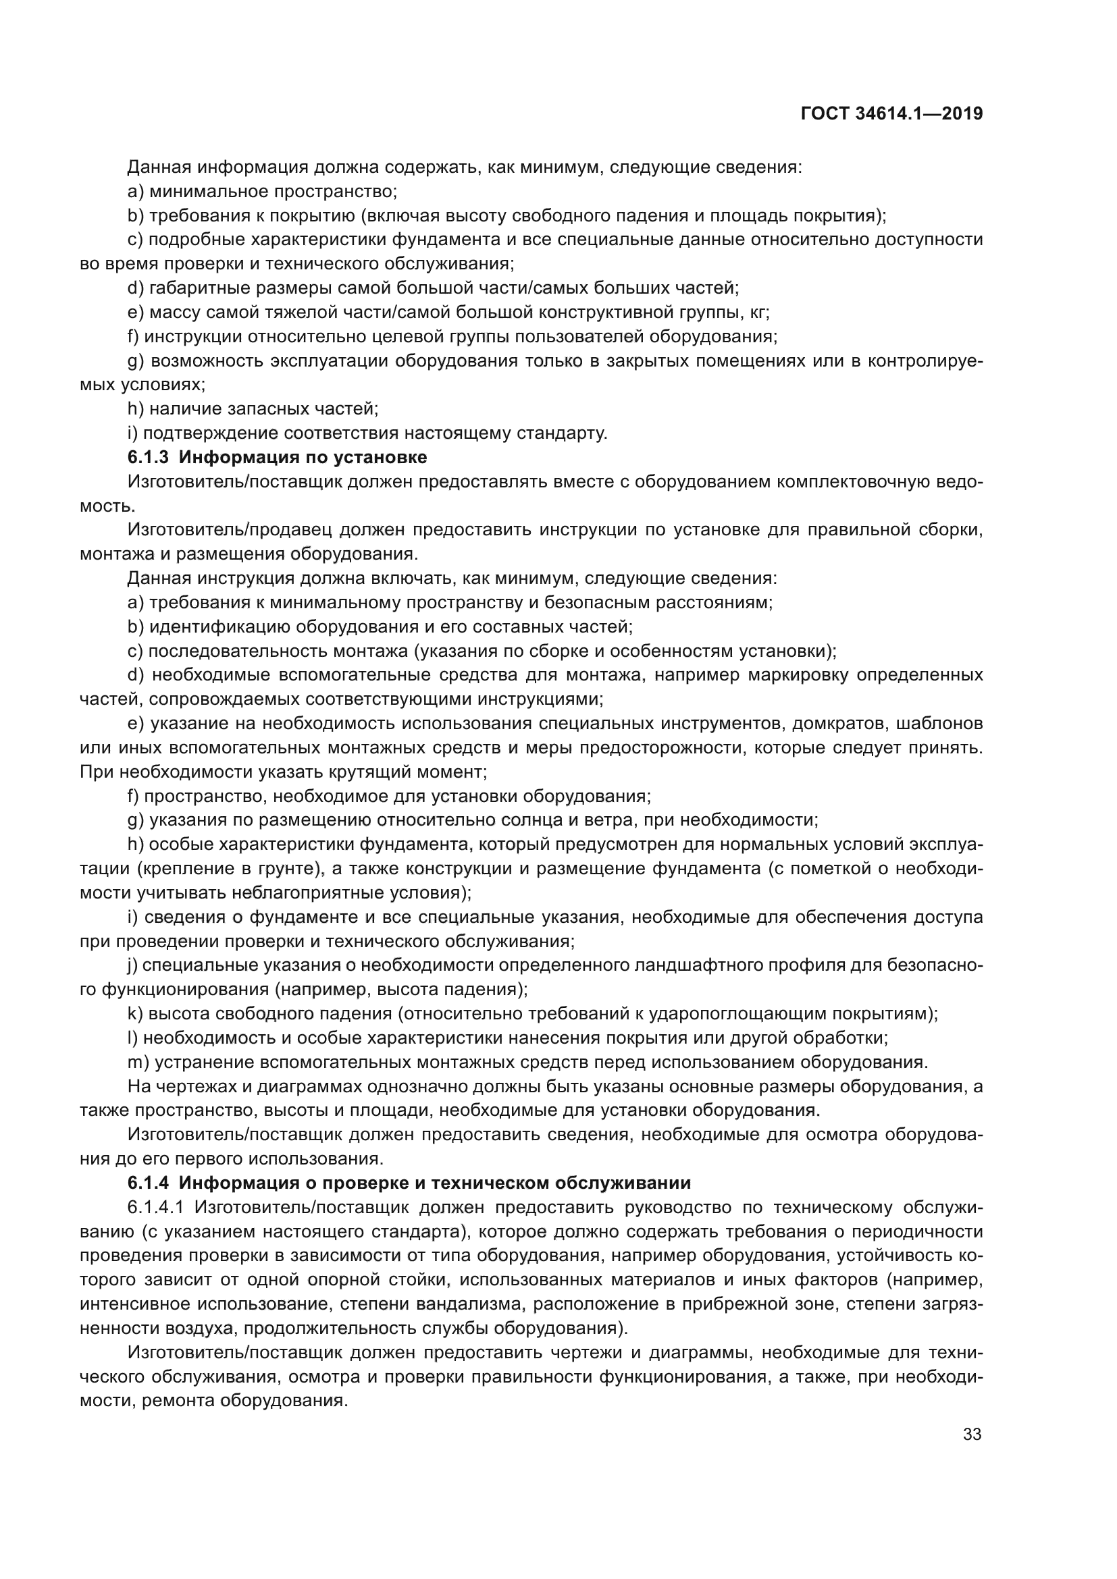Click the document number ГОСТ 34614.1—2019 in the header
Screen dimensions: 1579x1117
(891, 113)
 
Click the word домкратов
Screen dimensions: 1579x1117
(830, 724)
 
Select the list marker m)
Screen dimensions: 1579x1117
(138, 1062)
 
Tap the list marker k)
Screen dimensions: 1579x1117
(135, 1014)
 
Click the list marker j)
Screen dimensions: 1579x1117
(133, 965)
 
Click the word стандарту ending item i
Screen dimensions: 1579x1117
(562, 433)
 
